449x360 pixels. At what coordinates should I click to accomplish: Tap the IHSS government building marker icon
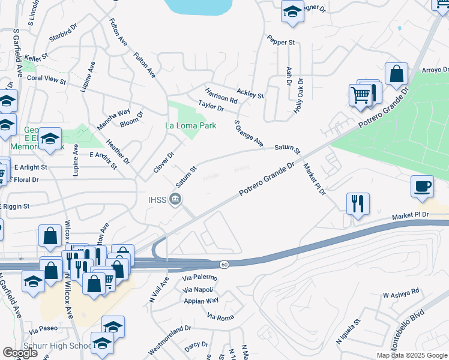175,199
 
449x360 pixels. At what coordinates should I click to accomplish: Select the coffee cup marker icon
422,186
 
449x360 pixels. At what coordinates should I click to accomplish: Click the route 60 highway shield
223,264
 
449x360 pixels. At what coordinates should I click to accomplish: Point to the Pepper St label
282,42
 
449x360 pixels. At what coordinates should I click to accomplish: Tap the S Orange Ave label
249,133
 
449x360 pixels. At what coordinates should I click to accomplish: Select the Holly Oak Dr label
298,95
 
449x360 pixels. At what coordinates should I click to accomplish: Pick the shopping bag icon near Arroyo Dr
396,75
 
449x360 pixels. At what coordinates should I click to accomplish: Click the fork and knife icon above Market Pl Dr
358,203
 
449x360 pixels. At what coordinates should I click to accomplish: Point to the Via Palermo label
199,278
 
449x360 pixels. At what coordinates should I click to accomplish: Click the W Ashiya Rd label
400,293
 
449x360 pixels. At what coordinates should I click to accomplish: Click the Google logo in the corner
20,353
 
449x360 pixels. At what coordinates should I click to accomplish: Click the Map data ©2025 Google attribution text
411,355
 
